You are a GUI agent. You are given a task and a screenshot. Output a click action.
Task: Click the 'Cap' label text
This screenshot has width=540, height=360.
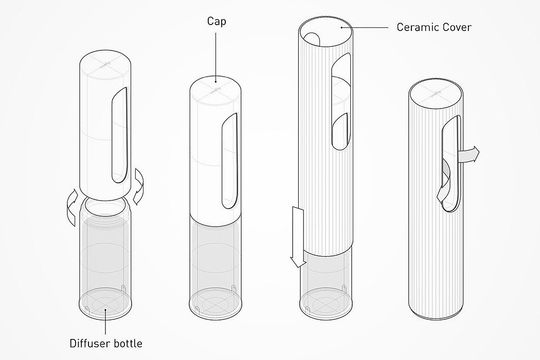coord(217,22)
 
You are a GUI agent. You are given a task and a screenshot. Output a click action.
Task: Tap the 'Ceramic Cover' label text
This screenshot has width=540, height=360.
coord(434,27)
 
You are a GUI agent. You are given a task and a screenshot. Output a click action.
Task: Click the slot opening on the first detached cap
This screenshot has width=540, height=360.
coord(118,136)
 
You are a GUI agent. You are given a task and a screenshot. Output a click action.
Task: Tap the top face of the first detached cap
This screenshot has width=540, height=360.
coord(105,64)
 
